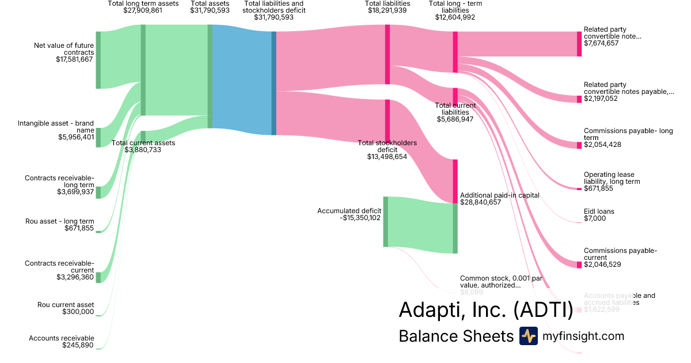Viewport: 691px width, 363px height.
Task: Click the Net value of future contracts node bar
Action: tap(98, 60)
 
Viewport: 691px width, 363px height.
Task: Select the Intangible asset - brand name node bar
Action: tap(98, 137)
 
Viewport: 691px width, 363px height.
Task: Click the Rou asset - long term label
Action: tap(59, 221)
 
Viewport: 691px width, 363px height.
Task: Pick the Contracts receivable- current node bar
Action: tap(98, 277)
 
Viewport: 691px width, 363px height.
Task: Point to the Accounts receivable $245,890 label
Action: tap(62, 342)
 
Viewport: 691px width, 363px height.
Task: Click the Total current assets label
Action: tap(143, 142)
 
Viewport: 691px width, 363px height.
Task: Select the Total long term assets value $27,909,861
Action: tap(143, 10)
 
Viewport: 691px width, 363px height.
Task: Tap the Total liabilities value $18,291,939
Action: tap(388, 10)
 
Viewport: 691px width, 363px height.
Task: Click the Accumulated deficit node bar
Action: tap(386, 222)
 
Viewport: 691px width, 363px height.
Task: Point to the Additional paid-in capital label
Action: tap(500, 195)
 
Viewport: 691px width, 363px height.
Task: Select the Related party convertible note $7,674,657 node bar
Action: tap(579, 44)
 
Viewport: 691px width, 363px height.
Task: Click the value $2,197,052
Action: tap(601, 99)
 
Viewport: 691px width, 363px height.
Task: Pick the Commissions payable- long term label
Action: tap(628, 134)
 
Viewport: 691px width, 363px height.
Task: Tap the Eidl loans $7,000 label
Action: tap(599, 215)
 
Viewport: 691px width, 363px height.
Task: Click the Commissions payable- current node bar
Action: tap(579, 264)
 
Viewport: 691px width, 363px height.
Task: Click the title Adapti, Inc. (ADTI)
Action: tap(485, 310)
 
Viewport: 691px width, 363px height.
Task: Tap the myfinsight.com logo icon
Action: tap(528, 336)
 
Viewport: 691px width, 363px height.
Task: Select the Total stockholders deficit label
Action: tap(387, 149)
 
